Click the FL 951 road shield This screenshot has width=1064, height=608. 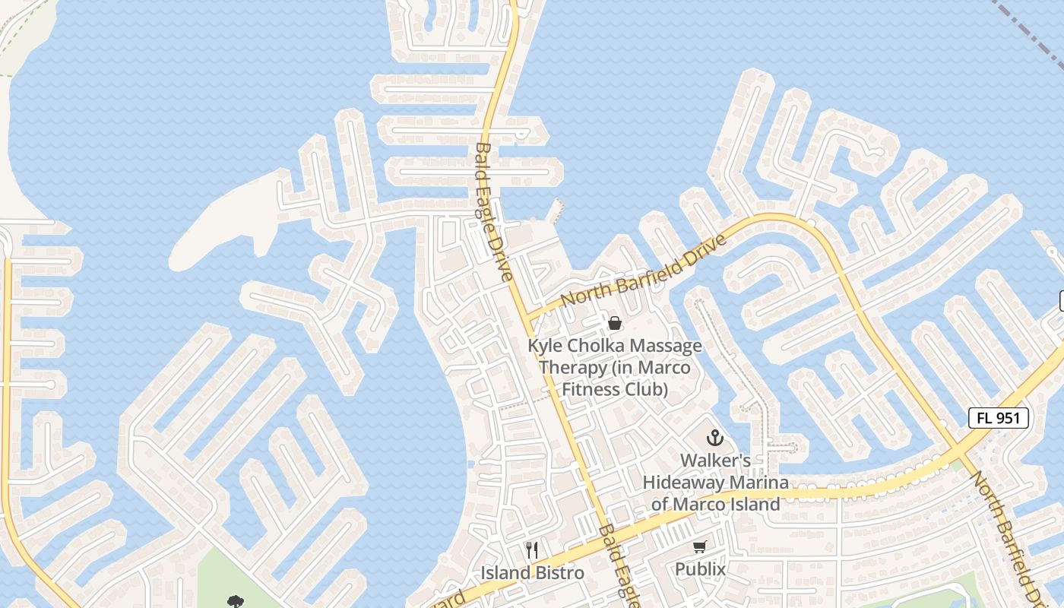point(999,417)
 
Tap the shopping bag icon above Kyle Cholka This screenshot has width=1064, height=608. point(615,323)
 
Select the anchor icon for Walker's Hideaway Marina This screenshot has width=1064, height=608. point(714,438)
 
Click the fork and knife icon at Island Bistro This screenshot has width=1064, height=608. point(532,549)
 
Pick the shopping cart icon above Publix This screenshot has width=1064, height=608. point(700,546)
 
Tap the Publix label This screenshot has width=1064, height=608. point(700,568)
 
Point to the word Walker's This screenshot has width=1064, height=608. point(715,461)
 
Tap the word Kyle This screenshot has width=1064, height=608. point(544,346)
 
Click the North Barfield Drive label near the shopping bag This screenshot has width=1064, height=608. point(644,271)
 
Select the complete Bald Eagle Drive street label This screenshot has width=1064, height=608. point(494,213)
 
